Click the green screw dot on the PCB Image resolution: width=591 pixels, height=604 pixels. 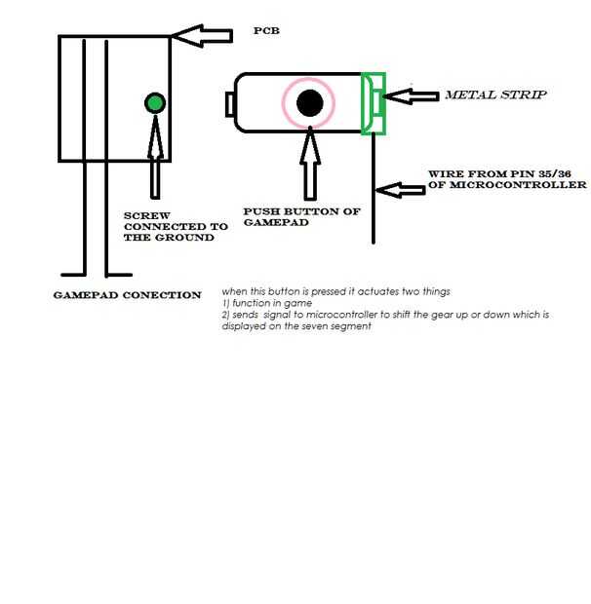pyautogui.click(x=154, y=102)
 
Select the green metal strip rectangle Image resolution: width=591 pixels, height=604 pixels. pyautogui.click(x=373, y=103)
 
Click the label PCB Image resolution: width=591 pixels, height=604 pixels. pyautogui.click(x=266, y=31)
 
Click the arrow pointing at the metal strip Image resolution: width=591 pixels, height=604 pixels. pyautogui.click(x=410, y=95)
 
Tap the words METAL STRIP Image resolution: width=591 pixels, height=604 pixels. pyautogui.click(x=494, y=95)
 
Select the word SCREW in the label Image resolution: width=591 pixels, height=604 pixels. pyautogui.click(x=143, y=214)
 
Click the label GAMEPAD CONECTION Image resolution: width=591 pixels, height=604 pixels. pyautogui.click(x=127, y=295)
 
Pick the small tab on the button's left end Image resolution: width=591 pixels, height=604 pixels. pyautogui.click(x=229, y=102)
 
